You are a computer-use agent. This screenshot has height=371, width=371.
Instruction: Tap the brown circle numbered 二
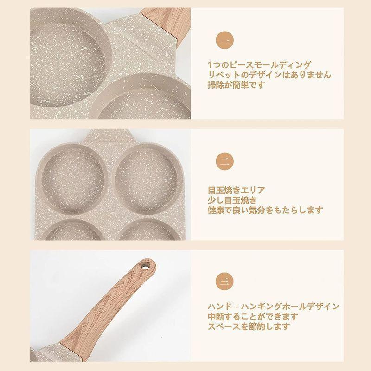pyautogui.click(x=224, y=161)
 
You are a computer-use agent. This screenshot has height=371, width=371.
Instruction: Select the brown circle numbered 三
pyautogui.click(x=224, y=281)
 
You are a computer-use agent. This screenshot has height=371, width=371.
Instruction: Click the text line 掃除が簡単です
pyautogui.click(x=236, y=84)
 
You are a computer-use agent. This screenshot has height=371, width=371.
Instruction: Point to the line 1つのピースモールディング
pyautogui.click(x=259, y=64)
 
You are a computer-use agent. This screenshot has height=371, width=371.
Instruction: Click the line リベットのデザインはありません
pyautogui.click(x=269, y=75)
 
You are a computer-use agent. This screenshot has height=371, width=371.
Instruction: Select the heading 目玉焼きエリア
pyautogui.click(x=236, y=190)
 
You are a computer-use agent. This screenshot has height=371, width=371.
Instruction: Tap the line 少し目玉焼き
pyautogui.click(x=232, y=200)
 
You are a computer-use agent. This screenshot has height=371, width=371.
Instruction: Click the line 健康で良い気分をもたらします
pyautogui.click(x=265, y=210)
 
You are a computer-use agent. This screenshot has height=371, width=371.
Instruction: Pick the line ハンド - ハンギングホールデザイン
pyautogui.click(x=274, y=307)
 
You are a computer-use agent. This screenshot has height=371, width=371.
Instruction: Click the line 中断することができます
pyautogui.click(x=253, y=316)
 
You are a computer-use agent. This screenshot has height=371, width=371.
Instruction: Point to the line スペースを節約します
pyautogui.click(x=249, y=326)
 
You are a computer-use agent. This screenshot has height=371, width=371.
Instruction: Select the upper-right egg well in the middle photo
pyautogui.click(x=147, y=179)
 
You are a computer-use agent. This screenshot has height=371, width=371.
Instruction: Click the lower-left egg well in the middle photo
pyautogui.click(x=74, y=230)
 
